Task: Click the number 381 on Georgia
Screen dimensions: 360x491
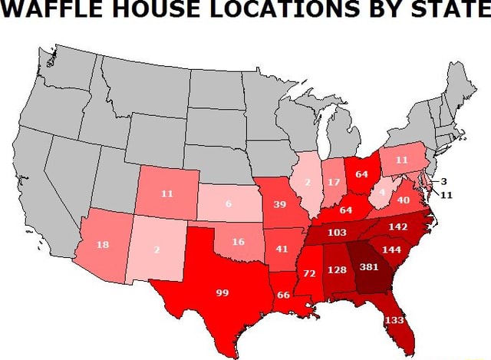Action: [370, 267]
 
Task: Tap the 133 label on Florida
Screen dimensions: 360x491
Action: [394, 319]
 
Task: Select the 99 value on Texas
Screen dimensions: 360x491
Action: [222, 292]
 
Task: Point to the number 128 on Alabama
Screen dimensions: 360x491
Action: [338, 269]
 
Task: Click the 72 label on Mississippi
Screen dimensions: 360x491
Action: [310, 273]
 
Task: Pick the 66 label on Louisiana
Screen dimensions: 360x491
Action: [283, 295]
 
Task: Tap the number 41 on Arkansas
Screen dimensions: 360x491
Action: [282, 248]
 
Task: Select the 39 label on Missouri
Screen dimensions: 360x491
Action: [279, 204]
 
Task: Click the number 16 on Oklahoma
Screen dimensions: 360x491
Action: [238, 241]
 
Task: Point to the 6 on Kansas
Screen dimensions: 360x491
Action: [228, 203]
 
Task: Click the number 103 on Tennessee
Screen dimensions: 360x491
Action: [338, 232]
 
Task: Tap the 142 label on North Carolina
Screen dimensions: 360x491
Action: [398, 226]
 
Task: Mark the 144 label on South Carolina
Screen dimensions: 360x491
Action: [391, 249]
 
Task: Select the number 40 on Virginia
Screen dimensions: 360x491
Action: [404, 200]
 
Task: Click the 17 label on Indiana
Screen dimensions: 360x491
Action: [332, 182]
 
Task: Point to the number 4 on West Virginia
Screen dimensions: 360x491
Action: [382, 191]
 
